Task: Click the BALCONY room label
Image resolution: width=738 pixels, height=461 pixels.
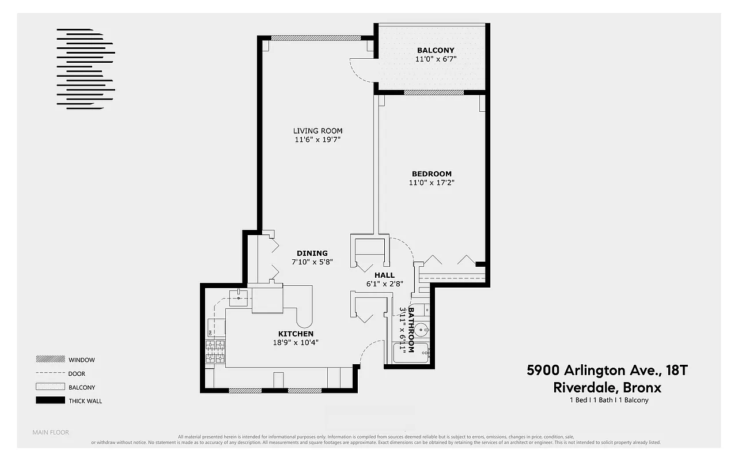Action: point(436,50)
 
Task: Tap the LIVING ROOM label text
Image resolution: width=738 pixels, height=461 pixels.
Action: point(317,131)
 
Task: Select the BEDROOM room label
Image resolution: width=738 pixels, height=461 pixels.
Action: point(432,173)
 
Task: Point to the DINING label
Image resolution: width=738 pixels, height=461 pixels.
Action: point(312,253)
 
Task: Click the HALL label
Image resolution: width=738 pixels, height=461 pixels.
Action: point(384,275)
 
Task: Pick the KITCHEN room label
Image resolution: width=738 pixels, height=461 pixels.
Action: point(296,334)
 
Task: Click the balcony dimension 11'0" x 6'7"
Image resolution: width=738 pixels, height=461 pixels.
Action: point(436,59)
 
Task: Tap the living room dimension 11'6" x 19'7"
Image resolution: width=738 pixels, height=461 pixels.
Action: point(317,139)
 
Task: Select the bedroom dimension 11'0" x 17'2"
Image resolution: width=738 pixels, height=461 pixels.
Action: point(432,183)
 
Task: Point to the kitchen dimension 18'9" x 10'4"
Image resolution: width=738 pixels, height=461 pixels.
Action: point(296,342)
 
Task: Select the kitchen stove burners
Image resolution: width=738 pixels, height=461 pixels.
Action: point(215,352)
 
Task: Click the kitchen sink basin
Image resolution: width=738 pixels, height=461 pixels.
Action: point(238,297)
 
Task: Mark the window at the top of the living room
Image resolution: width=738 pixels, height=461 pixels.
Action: point(316,38)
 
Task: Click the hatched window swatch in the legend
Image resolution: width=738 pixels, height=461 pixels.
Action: point(50,359)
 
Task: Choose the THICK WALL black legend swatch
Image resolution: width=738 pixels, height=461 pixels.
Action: point(50,400)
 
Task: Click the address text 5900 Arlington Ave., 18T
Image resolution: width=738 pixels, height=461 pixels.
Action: point(607,370)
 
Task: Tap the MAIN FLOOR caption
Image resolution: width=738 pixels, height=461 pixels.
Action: point(51,432)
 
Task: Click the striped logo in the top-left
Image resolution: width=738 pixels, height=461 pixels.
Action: point(85,68)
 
